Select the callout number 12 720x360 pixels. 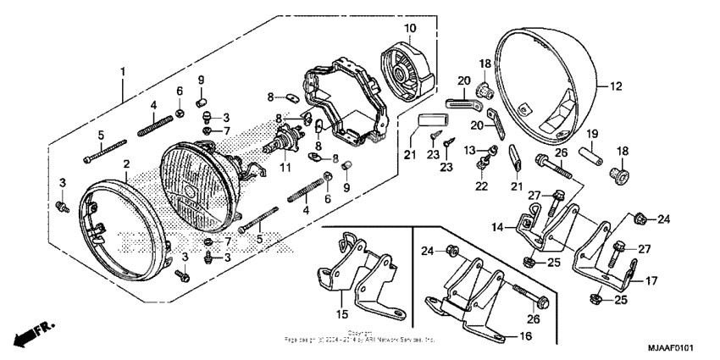(615, 86)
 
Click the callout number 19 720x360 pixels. (592, 133)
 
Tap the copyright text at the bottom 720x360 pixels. (360, 336)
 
